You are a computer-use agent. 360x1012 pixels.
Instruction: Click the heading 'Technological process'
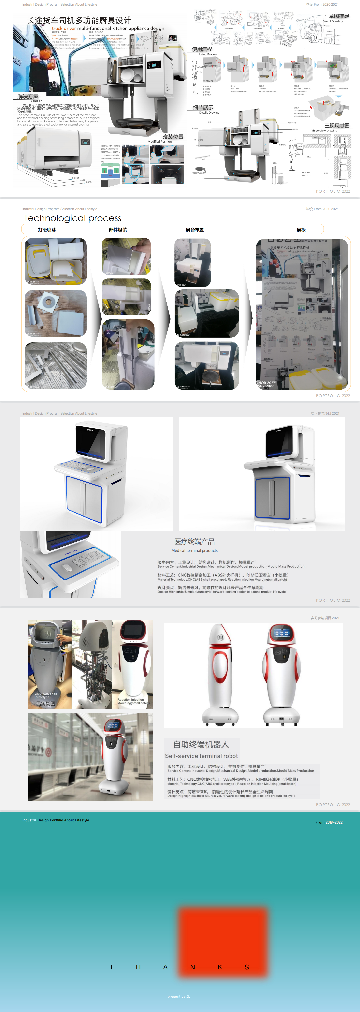(73, 218)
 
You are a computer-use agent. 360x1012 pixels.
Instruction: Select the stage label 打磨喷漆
(47, 230)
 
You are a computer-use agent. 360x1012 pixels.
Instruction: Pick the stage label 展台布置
(195, 230)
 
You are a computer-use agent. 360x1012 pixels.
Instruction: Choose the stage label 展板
(301, 230)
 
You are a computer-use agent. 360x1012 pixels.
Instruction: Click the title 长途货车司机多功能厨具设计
(79, 20)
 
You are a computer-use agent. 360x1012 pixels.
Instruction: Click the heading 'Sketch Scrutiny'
(332, 21)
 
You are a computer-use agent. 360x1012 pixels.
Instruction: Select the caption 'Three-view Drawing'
(324, 131)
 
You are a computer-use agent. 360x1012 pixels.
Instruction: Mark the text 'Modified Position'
(159, 141)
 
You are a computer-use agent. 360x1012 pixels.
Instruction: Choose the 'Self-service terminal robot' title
(201, 756)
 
